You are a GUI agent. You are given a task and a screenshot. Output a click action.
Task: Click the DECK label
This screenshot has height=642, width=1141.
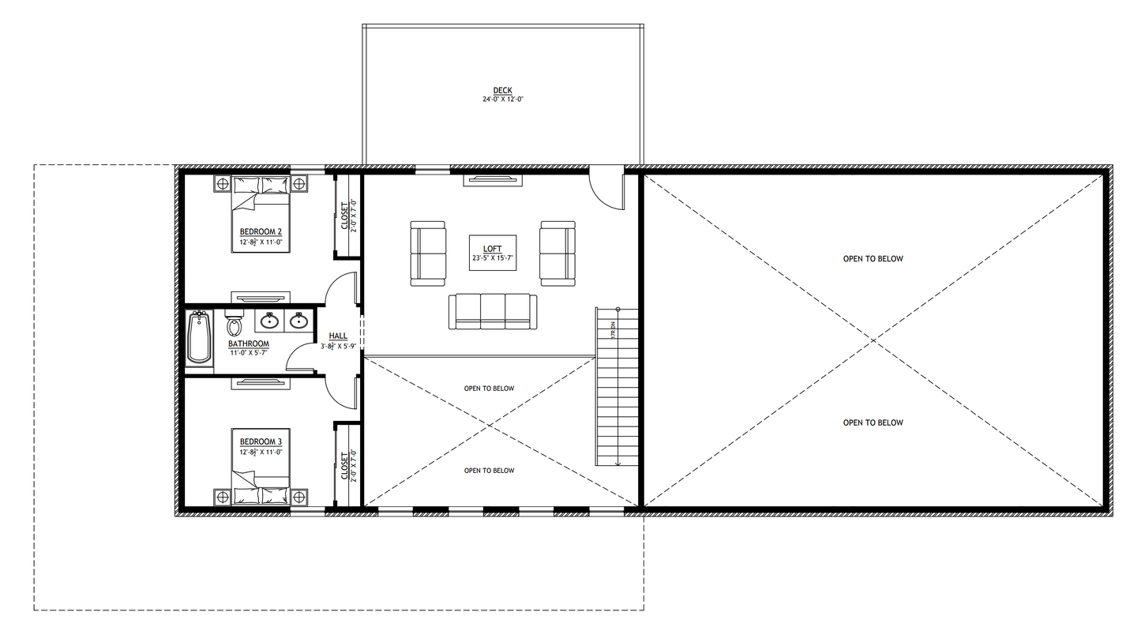(x=502, y=91)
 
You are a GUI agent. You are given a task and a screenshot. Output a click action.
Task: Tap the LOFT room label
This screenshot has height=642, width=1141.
(x=493, y=249)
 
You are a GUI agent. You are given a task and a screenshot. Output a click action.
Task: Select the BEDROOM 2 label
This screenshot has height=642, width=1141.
(x=261, y=231)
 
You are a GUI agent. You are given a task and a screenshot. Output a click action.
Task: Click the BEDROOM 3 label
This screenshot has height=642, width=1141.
(x=261, y=441)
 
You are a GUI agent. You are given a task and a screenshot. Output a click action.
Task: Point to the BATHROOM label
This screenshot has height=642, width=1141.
(x=249, y=344)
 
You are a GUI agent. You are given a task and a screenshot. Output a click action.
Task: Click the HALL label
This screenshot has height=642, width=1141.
(x=338, y=336)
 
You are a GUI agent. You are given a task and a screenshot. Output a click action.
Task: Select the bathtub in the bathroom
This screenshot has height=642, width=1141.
(x=199, y=337)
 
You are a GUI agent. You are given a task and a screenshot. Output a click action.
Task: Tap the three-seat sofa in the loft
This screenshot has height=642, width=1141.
(x=493, y=311)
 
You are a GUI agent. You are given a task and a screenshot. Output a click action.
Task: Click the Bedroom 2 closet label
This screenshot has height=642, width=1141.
(x=344, y=215)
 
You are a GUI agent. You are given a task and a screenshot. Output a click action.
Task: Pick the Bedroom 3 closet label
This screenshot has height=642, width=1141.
(x=344, y=466)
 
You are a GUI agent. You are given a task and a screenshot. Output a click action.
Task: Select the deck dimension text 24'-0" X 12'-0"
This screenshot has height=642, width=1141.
(x=503, y=100)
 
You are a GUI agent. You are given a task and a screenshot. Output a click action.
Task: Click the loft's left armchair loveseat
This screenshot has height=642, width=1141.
(x=428, y=253)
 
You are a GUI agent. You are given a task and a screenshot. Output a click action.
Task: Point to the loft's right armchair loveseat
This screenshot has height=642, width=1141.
(x=557, y=253)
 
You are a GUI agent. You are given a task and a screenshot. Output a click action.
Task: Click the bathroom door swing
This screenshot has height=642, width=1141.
(x=302, y=359)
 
